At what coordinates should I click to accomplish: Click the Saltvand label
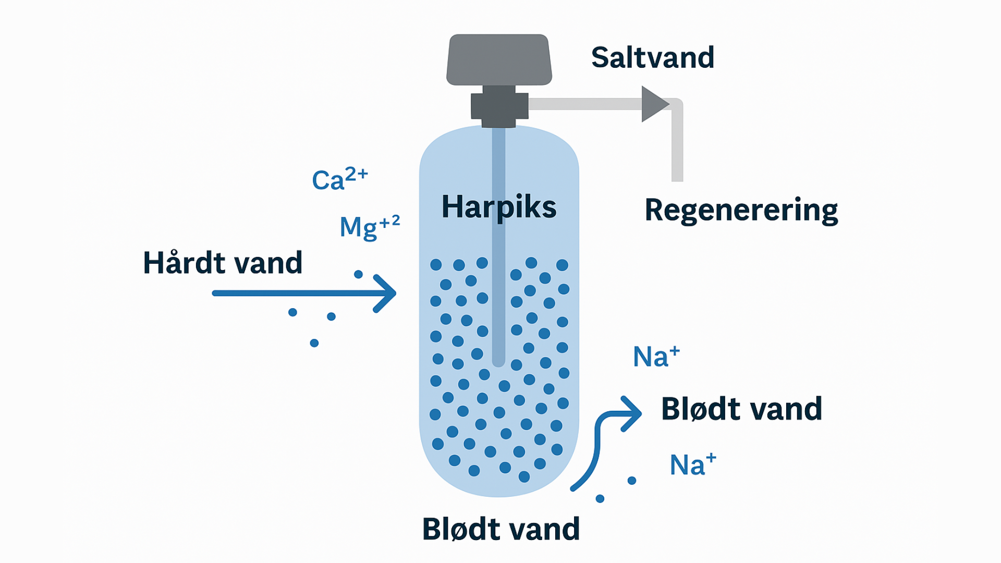(652, 57)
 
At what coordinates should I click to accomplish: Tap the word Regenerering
(741, 210)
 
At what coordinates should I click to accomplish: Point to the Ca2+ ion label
(339, 179)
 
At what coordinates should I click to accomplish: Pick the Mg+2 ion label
(369, 226)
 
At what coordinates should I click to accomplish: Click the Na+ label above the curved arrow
(656, 357)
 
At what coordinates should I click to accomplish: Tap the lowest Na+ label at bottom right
(692, 464)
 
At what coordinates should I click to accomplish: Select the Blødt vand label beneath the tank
(500, 529)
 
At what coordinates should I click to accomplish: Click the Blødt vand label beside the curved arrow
(741, 409)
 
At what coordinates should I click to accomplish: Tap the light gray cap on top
(499, 59)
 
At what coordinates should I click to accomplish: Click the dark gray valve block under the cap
(499, 106)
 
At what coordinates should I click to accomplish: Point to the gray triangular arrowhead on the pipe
(653, 104)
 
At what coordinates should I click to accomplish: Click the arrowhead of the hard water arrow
(386, 293)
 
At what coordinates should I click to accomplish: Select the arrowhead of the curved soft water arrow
(632, 413)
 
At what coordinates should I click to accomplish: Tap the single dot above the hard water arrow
(358, 274)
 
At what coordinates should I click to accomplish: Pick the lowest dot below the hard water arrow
(314, 343)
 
